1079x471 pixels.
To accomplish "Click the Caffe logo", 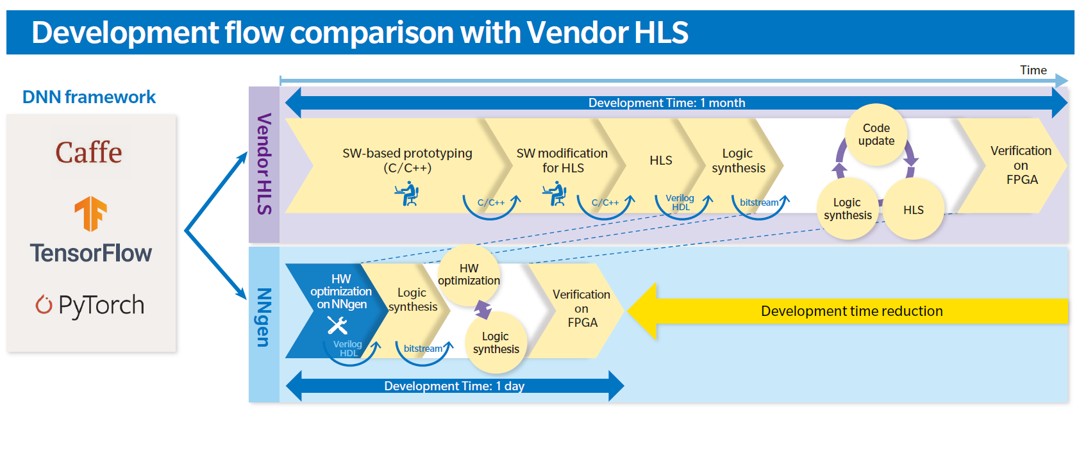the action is [x=88, y=153].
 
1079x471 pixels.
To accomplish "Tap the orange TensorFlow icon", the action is [x=90, y=213].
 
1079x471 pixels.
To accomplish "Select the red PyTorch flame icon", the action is [x=44, y=304].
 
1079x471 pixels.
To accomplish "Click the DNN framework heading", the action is [x=89, y=97].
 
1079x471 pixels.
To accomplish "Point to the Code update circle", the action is [x=876, y=135].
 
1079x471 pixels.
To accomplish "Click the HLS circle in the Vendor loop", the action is [x=914, y=210].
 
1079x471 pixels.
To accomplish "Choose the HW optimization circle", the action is [x=469, y=274].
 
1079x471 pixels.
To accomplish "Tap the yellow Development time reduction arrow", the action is [x=848, y=311].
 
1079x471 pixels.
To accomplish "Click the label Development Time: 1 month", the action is [x=667, y=103].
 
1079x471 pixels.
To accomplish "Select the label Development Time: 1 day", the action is [x=455, y=386].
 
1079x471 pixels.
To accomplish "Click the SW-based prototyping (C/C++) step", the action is [x=407, y=160].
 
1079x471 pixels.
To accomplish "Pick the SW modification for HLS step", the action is [x=562, y=160].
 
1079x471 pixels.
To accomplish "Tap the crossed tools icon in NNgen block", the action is [x=337, y=326].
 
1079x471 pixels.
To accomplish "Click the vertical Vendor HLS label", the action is [x=264, y=164].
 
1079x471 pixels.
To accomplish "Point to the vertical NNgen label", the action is [x=264, y=317].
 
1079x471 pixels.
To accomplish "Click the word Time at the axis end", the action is [x=1033, y=70].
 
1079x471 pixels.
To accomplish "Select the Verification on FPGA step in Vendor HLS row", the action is [x=1021, y=165].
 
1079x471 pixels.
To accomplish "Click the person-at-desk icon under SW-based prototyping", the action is [x=407, y=194].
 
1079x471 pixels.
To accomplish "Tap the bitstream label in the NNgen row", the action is [x=422, y=348].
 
